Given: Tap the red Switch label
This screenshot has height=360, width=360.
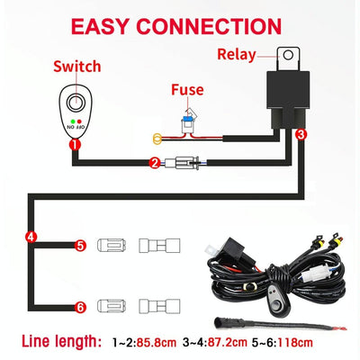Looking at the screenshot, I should [77, 67].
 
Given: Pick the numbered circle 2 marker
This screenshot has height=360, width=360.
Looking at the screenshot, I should [155, 164].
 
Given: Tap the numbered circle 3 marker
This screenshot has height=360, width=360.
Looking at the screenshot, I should [301, 133].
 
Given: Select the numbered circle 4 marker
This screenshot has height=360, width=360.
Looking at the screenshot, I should [31, 238].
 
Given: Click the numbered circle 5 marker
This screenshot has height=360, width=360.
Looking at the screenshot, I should [80, 244].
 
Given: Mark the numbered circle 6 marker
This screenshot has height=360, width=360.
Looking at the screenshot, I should [80, 307].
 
